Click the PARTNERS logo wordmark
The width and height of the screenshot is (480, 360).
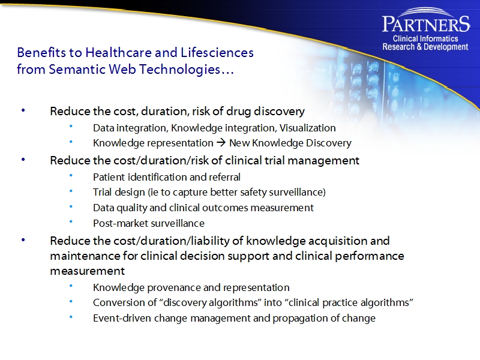click(426, 24)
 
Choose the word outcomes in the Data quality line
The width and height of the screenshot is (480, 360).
click(245, 208)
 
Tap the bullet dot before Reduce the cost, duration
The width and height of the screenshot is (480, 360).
click(23, 112)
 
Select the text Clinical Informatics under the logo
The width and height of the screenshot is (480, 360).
click(425, 39)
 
